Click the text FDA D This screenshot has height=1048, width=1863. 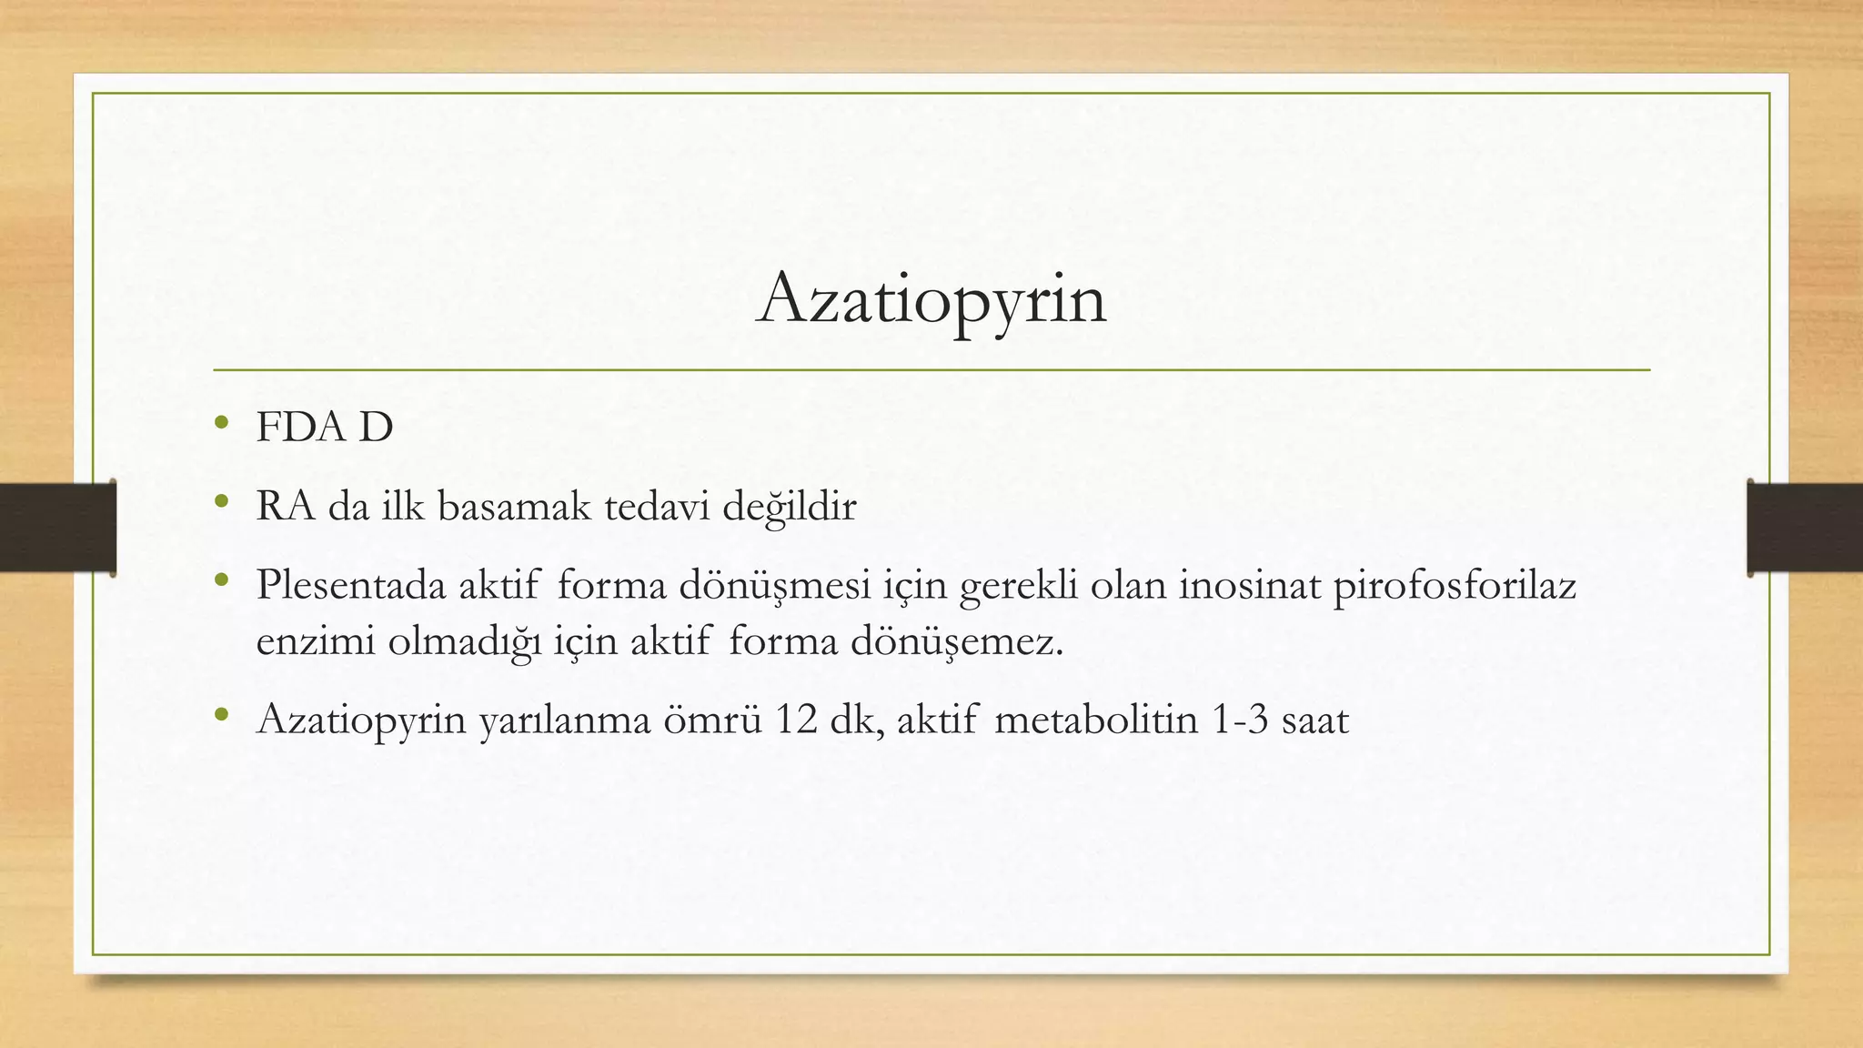click(325, 428)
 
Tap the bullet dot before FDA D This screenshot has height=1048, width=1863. click(220, 422)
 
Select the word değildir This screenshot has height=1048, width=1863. click(789, 507)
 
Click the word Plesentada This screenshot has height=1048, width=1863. click(351, 586)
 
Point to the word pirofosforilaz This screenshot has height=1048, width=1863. click(1454, 586)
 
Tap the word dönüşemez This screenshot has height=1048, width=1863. click(957, 642)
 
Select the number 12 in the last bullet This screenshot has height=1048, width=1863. click(796, 720)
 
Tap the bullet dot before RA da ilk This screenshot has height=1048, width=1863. click(220, 501)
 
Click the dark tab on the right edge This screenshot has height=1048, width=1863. click(1805, 528)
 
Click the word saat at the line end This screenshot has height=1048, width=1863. click(1314, 720)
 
